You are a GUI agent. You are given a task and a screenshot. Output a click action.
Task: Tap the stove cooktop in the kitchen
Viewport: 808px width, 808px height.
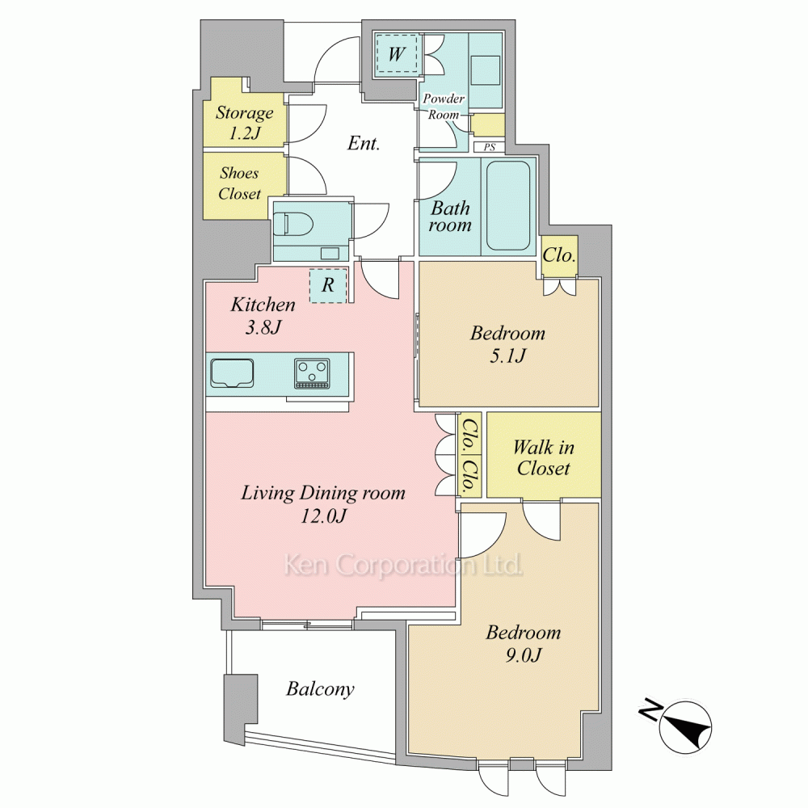(312, 373)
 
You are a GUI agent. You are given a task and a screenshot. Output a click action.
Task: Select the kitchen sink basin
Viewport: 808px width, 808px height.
(232, 372)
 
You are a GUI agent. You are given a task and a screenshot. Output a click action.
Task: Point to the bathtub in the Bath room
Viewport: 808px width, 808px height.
(508, 206)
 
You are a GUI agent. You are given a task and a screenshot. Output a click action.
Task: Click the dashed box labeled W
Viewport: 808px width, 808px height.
(396, 54)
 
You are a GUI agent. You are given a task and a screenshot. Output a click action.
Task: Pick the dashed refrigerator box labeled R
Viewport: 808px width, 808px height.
(328, 285)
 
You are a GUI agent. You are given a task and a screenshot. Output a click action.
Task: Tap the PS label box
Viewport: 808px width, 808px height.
(489, 147)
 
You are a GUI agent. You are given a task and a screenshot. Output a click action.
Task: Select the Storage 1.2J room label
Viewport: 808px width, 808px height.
(244, 122)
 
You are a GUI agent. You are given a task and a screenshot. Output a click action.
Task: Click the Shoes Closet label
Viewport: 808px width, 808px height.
(239, 183)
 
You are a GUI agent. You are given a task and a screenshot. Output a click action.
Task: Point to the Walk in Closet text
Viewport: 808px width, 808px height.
(543, 457)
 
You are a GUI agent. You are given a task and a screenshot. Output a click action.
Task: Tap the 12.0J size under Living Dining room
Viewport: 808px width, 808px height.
(324, 516)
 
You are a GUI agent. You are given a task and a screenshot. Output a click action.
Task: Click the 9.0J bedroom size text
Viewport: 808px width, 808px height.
(523, 654)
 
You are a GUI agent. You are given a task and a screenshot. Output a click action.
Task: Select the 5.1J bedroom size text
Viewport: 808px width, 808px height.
(507, 356)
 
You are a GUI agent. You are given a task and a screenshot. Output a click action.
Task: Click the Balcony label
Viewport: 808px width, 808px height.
(320, 689)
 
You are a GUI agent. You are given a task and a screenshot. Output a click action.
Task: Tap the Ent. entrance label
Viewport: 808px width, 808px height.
(364, 143)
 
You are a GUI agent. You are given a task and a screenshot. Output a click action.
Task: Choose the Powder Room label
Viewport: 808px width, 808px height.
(444, 107)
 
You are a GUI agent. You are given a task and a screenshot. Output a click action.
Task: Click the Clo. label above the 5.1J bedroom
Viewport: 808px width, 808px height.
(558, 255)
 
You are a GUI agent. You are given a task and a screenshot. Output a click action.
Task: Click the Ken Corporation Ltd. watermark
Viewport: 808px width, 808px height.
(403, 565)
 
